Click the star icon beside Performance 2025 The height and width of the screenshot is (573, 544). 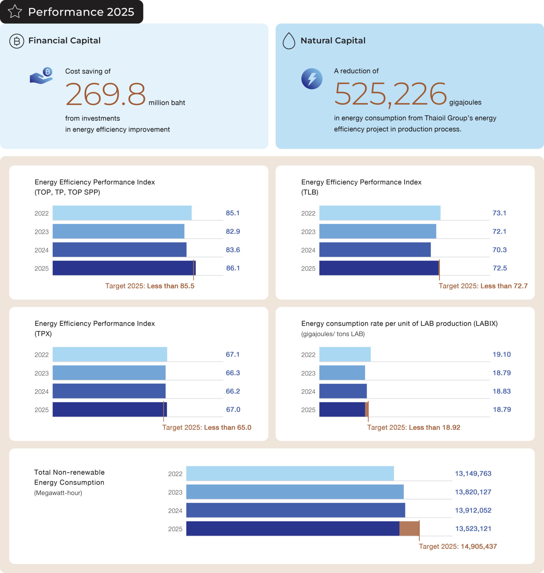pyautogui.click(x=15, y=12)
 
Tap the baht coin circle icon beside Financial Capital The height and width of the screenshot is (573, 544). pyautogui.click(x=17, y=41)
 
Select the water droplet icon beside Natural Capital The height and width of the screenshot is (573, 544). pyautogui.click(x=289, y=41)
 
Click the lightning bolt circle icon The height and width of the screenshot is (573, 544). pyautogui.click(x=312, y=79)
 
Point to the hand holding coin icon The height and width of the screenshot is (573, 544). pyautogui.click(x=42, y=76)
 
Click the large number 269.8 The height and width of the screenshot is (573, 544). pyautogui.click(x=105, y=94)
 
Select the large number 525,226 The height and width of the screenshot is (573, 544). pyautogui.click(x=390, y=94)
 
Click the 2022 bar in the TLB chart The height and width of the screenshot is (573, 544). pyautogui.click(x=379, y=213)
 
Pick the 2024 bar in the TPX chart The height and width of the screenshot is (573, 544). pyautogui.click(x=109, y=391)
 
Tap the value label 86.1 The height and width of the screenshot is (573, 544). pyautogui.click(x=233, y=268)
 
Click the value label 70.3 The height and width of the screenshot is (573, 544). pyautogui.click(x=499, y=250)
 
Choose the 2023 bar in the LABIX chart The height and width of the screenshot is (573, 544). pyautogui.click(x=342, y=372)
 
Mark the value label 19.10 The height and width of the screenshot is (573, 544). pyautogui.click(x=502, y=354)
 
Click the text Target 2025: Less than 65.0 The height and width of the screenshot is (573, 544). pyautogui.click(x=207, y=427)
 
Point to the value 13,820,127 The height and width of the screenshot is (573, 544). pyautogui.click(x=473, y=492)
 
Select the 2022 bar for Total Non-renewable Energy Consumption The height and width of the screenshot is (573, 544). pyautogui.click(x=290, y=473)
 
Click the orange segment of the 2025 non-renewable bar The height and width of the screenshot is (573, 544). pyautogui.click(x=409, y=529)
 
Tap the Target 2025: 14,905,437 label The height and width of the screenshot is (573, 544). pyautogui.click(x=458, y=546)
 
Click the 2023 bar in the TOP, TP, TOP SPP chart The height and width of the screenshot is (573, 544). pyautogui.click(x=118, y=231)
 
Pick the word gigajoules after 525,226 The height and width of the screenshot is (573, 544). pyautogui.click(x=465, y=102)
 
